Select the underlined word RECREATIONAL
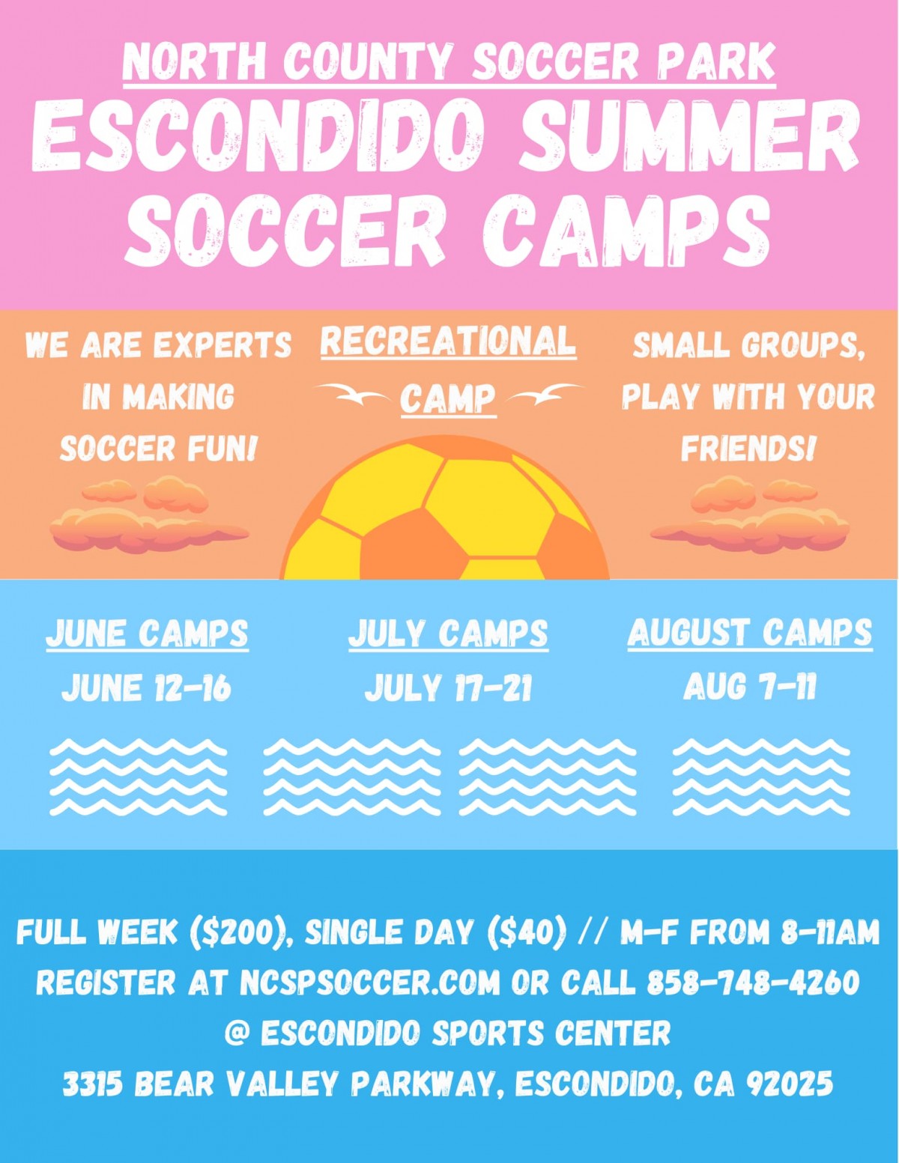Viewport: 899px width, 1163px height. tap(448, 341)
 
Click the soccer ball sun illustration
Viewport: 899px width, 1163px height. tap(446, 513)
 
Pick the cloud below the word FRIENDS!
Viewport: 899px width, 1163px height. tap(749, 517)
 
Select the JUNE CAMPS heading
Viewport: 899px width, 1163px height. tap(147, 634)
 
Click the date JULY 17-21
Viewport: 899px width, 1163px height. tap(448, 688)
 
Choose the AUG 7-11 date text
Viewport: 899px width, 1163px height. tap(749, 687)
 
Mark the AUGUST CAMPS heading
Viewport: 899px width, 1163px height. tap(749, 633)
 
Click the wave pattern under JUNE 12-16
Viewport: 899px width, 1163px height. tap(139, 777)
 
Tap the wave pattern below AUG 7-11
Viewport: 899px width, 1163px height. tap(761, 777)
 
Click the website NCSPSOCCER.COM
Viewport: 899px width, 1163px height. tap(369, 983)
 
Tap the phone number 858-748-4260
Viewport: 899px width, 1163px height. tap(753, 983)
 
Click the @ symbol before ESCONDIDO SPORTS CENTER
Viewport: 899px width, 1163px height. tap(237, 1033)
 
